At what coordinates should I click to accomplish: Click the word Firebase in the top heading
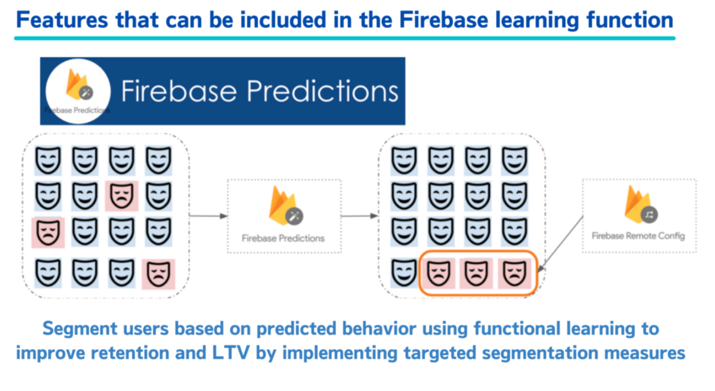click(x=444, y=20)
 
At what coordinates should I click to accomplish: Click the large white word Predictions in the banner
click(x=323, y=92)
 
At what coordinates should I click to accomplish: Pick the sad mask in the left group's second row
click(x=122, y=196)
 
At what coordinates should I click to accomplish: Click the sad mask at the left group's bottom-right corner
click(x=158, y=274)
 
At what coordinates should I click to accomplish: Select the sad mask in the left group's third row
click(x=48, y=233)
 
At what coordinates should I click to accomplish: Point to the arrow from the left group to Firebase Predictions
click(x=208, y=215)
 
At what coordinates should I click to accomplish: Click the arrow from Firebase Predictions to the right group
click(x=360, y=215)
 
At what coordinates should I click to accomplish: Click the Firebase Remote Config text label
click(x=638, y=235)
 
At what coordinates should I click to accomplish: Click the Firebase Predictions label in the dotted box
click(x=283, y=238)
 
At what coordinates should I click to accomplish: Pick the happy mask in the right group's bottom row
click(x=404, y=273)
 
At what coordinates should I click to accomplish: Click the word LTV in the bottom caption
click(x=231, y=353)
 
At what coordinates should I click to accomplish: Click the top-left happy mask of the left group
click(x=48, y=160)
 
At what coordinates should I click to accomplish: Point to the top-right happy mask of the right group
click(x=514, y=160)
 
